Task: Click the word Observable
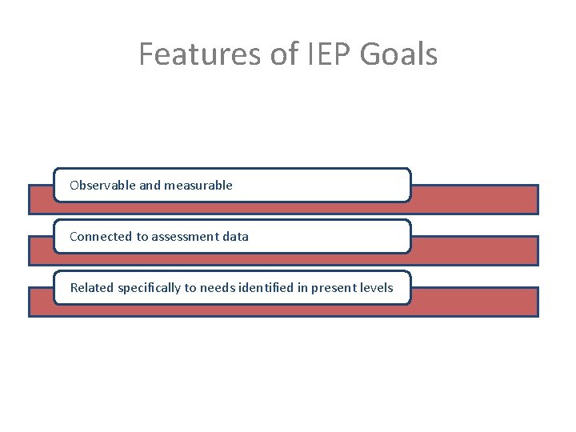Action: point(102,185)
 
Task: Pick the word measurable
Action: point(198,185)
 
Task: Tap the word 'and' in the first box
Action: point(150,185)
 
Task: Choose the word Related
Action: point(92,287)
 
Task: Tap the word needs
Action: point(218,287)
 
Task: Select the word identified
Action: point(266,287)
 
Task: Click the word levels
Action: point(376,287)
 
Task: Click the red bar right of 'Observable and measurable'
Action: point(474,199)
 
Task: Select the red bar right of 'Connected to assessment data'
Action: point(474,250)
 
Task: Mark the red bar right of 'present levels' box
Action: point(474,302)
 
